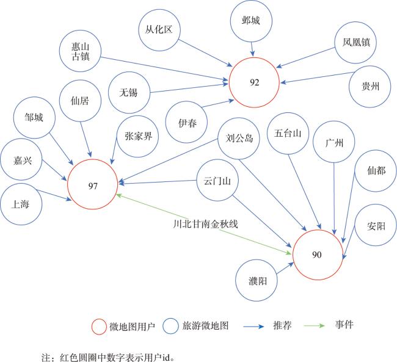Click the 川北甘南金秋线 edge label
tap(206, 224)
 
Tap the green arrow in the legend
tap(314, 325)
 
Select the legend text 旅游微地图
tap(206, 326)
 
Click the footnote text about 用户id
tap(108, 358)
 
